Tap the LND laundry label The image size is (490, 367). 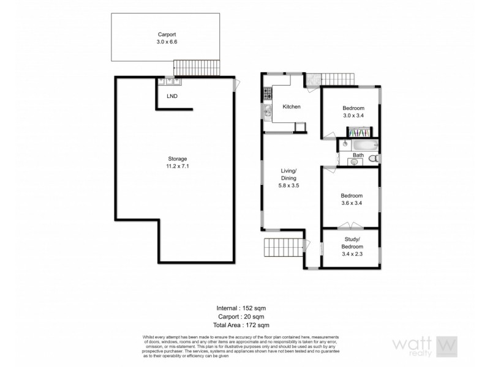tap(173, 96)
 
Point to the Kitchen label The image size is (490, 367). tap(291, 107)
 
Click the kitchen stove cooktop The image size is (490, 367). tap(267, 94)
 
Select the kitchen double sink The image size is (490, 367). tap(268, 111)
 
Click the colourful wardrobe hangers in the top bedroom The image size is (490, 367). tap(358, 132)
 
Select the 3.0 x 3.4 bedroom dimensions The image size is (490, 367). tap(353, 114)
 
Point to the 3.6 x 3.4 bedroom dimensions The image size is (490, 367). tap(353, 204)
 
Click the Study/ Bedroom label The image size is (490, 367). tap(353, 243)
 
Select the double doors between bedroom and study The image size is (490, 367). tap(352, 225)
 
